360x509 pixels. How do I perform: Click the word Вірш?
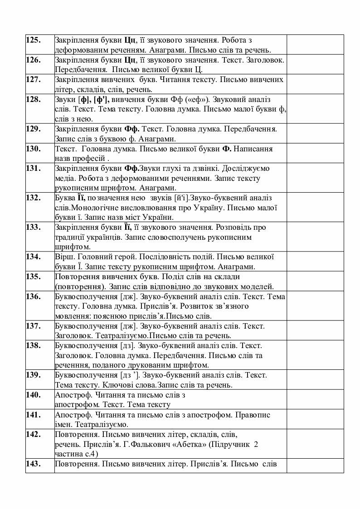63,257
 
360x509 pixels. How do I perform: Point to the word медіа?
64,178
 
